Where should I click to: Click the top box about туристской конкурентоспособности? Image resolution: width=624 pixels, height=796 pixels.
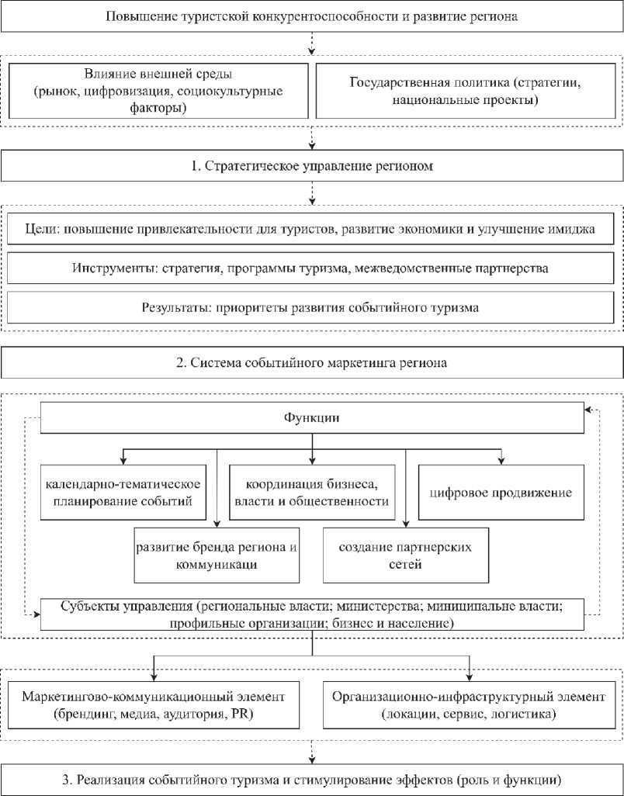click(x=311, y=16)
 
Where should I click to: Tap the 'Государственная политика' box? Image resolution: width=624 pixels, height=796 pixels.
click(x=466, y=92)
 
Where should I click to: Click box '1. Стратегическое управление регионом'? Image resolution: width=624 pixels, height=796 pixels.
click(x=311, y=167)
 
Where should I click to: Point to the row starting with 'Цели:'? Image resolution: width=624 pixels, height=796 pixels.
click(x=311, y=231)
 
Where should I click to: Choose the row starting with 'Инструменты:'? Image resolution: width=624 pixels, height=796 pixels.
click(x=311, y=269)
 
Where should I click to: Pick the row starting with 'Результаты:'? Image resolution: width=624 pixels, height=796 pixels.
click(x=311, y=307)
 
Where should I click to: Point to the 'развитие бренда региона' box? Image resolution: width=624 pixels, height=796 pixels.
click(x=217, y=555)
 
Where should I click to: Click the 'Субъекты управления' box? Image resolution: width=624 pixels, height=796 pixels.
click(x=311, y=614)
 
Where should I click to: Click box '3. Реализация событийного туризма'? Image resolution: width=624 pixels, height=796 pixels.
click(x=311, y=779)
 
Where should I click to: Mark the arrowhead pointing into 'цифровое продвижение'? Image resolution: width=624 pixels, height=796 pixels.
click(x=503, y=461)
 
